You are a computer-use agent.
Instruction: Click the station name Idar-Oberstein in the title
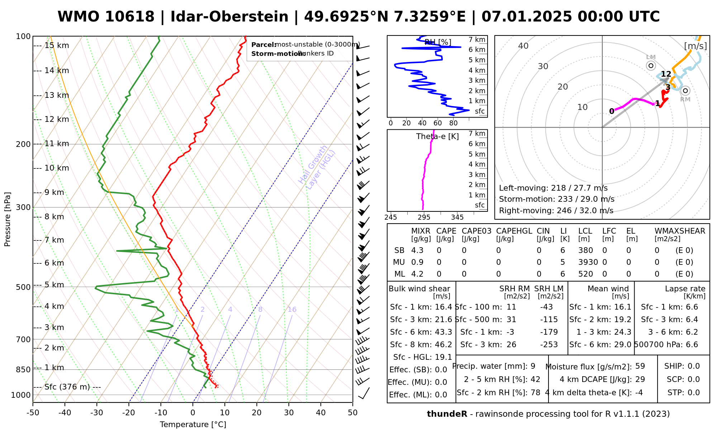[229, 17]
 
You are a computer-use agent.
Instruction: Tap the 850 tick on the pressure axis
[24, 369]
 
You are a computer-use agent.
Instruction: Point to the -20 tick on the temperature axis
[129, 413]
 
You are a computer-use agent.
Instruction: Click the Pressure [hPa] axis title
[8, 219]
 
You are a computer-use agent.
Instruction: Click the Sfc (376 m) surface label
[68, 387]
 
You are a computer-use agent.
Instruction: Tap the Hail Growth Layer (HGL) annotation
[317, 167]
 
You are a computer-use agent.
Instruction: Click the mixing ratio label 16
[292, 310]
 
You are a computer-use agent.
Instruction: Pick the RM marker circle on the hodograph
[685, 91]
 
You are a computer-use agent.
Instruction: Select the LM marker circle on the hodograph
[651, 66]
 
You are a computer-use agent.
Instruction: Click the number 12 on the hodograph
[666, 74]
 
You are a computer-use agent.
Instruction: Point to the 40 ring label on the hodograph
[523, 46]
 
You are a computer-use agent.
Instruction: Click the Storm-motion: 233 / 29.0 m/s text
[556, 199]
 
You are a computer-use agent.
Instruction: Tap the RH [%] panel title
[438, 42]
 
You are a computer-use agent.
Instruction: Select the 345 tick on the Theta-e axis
[457, 218]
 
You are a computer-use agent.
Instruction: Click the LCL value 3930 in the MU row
[588, 262]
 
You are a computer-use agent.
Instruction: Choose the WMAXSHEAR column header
[680, 231]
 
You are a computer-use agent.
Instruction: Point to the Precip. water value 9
[533, 366]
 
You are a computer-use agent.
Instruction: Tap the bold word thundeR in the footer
[447, 414]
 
